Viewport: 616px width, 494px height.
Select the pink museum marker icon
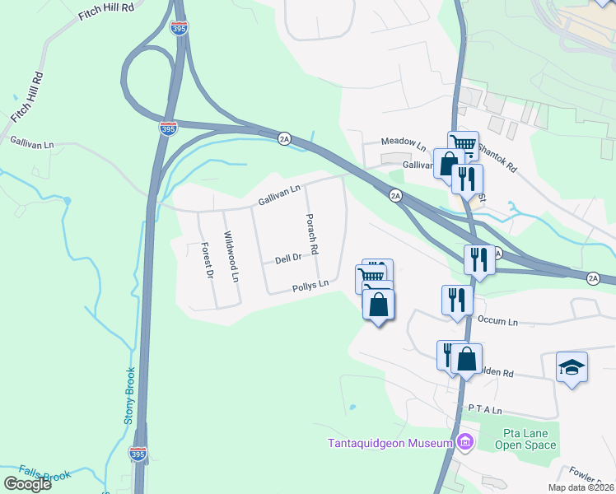point(465,443)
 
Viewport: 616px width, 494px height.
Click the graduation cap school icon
point(572,366)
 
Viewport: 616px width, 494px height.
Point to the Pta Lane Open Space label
point(525,439)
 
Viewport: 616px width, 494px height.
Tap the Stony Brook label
point(129,396)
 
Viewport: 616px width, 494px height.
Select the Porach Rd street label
point(312,232)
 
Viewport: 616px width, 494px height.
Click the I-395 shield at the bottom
point(138,454)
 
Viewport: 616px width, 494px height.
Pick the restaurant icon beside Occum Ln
point(456,301)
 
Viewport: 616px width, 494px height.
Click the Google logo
point(27,483)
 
